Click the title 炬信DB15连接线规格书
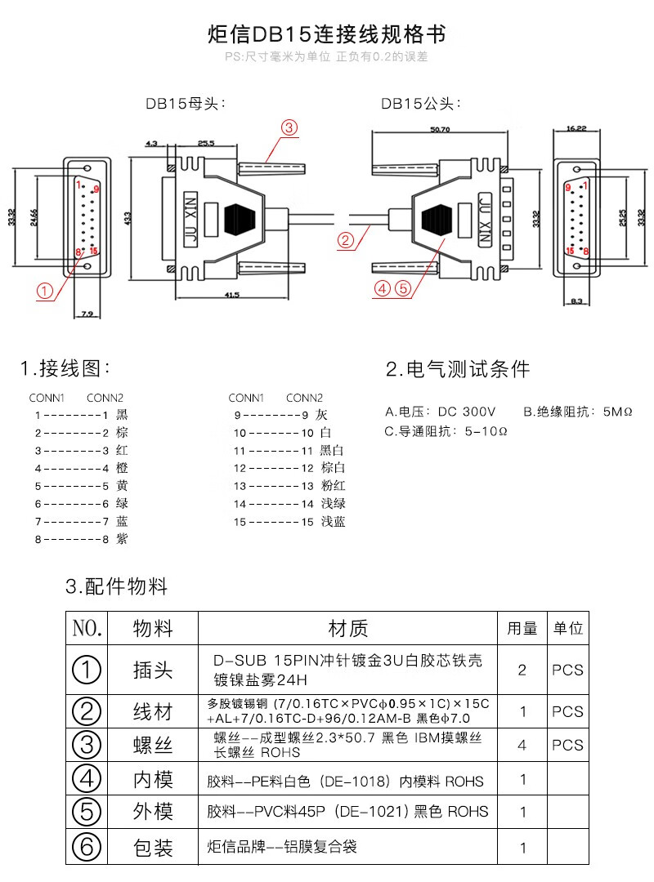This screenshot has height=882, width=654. [327, 35]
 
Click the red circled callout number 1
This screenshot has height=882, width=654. [45, 291]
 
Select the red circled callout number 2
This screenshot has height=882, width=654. [346, 240]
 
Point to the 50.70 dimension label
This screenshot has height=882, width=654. [439, 129]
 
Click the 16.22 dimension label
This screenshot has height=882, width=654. [576, 128]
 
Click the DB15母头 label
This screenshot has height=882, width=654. [185, 104]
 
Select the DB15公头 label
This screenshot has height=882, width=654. [421, 104]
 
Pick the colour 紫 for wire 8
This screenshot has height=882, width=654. [122, 539]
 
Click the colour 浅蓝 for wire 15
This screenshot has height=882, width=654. [333, 521]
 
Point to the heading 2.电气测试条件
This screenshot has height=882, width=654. [458, 369]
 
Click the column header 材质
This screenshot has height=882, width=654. [347, 628]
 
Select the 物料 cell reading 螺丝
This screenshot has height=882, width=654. [153, 745]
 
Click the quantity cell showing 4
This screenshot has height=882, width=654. [522, 745]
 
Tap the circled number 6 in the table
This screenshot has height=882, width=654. [87, 847]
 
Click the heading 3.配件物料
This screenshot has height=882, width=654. [116, 586]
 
